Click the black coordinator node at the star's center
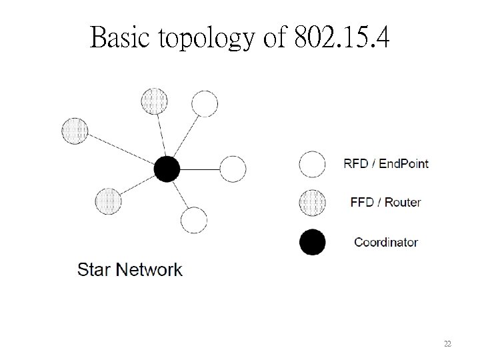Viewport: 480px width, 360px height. click(x=167, y=169)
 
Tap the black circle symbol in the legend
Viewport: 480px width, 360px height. click(x=312, y=243)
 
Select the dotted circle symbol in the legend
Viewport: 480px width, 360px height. click(x=312, y=202)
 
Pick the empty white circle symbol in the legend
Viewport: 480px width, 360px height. click(x=312, y=163)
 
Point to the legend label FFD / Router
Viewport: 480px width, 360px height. click(x=385, y=202)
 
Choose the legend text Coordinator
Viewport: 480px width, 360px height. click(x=386, y=243)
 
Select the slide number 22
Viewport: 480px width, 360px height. click(x=447, y=344)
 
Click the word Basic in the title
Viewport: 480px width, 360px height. click(x=121, y=38)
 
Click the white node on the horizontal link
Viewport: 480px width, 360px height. click(x=233, y=169)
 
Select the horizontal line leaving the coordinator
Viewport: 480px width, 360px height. click(x=199, y=169)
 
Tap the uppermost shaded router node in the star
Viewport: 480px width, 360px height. click(x=155, y=101)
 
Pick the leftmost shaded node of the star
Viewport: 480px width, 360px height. click(x=75, y=130)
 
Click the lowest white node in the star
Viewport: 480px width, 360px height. click(x=194, y=220)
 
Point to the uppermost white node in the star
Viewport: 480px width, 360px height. click(x=205, y=103)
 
